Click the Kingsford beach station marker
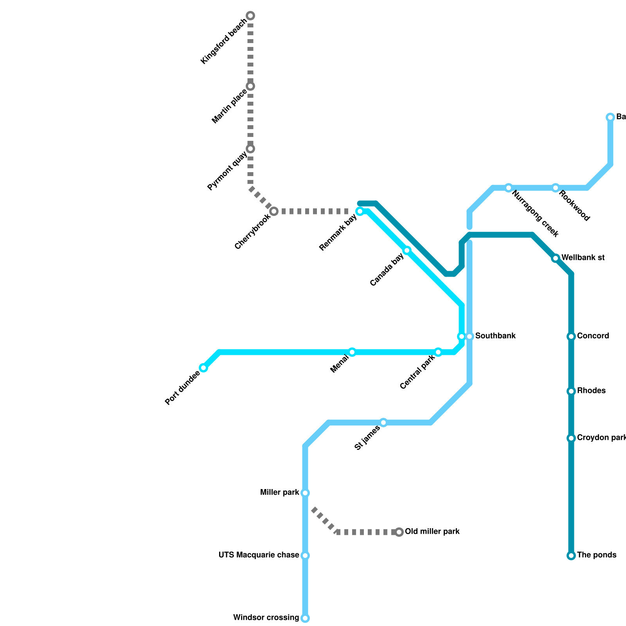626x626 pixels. point(250,16)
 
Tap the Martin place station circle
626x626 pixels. point(250,86)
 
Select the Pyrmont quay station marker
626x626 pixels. point(250,149)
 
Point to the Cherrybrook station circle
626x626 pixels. point(274,211)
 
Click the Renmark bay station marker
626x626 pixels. point(360,211)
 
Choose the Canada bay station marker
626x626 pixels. point(407,250)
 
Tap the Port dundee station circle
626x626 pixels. point(203,368)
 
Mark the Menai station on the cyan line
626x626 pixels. point(352,352)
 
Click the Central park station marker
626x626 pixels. point(438,352)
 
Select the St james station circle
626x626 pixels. point(383,423)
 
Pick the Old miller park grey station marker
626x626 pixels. point(399,532)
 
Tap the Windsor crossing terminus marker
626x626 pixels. point(305,618)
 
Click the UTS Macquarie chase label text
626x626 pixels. point(259,555)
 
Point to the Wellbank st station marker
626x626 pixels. point(556,258)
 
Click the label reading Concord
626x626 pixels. point(593,336)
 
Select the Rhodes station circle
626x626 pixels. point(571,391)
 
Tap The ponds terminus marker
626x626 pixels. point(571,556)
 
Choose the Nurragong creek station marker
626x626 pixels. point(509,188)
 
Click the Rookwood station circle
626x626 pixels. point(556,188)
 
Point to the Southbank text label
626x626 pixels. point(495,336)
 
